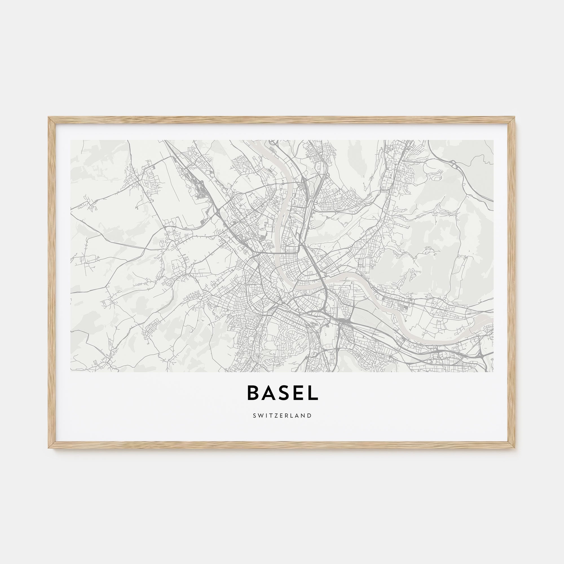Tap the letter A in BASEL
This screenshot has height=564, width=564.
pos(268,393)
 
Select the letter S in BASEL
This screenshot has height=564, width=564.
pos(283,393)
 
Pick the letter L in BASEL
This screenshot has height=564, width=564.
pos(312,393)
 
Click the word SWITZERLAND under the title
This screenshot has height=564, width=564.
pos(282,415)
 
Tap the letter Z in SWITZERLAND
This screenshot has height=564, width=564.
pos(276,415)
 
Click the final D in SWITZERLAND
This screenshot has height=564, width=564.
pos(309,415)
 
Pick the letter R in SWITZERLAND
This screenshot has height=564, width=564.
pos(287,415)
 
